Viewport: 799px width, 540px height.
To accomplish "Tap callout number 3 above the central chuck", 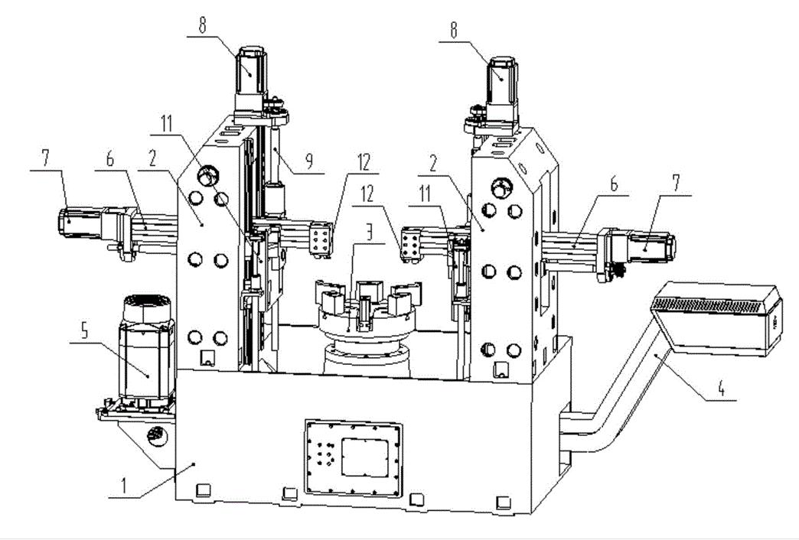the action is [370, 231].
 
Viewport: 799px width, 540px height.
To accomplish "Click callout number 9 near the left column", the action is [308, 161].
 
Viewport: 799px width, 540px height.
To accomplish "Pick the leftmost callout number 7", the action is [46, 158].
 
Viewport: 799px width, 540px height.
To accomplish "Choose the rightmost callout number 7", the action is [676, 184].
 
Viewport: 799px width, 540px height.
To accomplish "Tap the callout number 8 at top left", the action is [203, 25].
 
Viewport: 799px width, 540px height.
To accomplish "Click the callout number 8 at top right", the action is [454, 30].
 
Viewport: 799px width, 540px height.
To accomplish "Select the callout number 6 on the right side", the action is [614, 184].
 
